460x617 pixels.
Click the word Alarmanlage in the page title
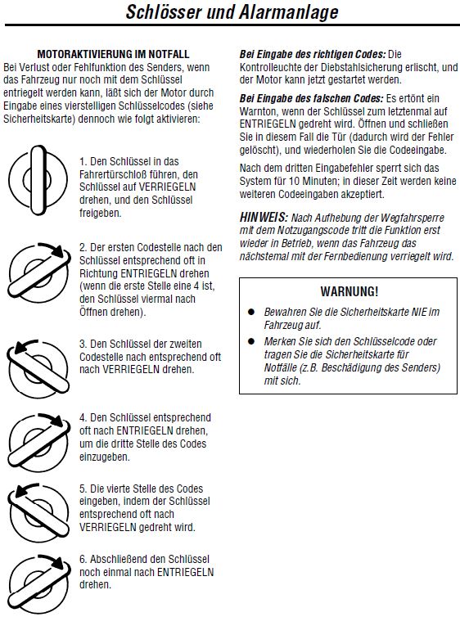[288, 11]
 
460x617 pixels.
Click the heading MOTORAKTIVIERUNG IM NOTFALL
[113, 54]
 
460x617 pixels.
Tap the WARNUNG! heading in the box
[350, 291]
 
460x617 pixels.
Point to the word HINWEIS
[264, 217]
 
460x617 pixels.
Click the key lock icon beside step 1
[38, 181]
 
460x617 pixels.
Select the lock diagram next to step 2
[38, 272]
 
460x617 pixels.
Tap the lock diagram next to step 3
[38, 369]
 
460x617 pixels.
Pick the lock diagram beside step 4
[38, 442]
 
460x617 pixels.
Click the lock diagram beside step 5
[38, 512]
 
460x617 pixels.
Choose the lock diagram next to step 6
[38, 583]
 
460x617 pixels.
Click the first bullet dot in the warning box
[251, 312]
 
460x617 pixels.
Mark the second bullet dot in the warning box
[251, 341]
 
